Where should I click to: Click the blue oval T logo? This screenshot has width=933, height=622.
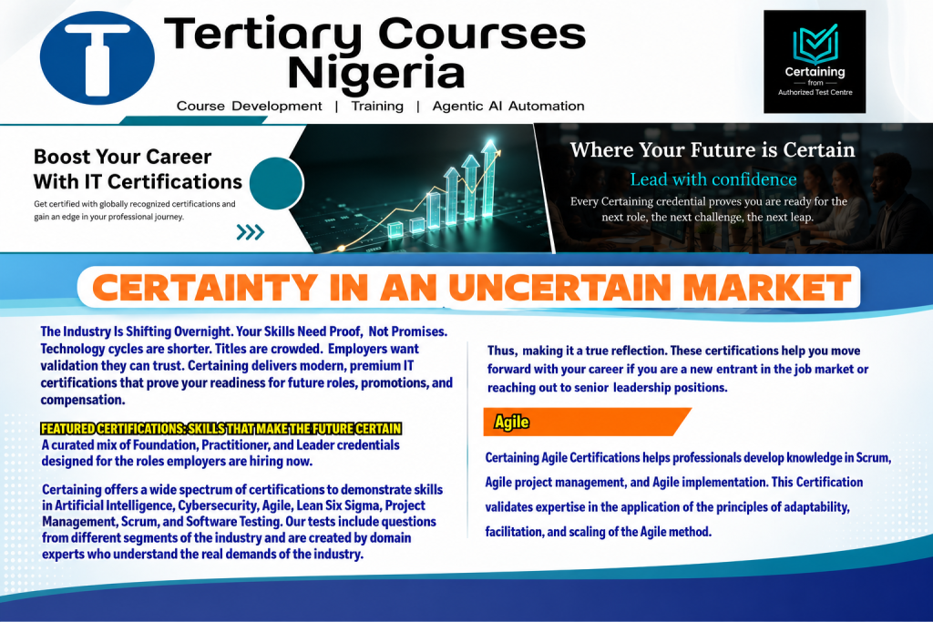tap(97, 57)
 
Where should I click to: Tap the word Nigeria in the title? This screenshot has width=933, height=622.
tap(375, 73)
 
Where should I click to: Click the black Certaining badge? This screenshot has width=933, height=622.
tap(815, 61)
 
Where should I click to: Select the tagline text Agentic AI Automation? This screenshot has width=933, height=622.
tap(508, 106)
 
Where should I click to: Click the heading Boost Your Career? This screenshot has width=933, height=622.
tap(123, 157)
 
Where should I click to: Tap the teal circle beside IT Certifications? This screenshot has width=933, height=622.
tap(277, 183)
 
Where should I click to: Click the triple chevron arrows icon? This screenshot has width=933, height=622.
tap(250, 232)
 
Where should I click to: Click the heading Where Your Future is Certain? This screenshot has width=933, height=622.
tap(713, 150)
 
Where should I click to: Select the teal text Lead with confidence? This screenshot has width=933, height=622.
tap(713, 179)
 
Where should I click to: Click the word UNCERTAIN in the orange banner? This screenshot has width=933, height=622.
tap(559, 287)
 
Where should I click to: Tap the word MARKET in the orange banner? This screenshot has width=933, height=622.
tap(766, 287)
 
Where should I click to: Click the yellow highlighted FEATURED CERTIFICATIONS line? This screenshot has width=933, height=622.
tap(220, 429)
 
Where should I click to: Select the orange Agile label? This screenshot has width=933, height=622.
tap(511, 423)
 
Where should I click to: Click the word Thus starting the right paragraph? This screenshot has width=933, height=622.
tap(502, 351)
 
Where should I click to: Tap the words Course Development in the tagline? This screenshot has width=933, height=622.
tap(250, 106)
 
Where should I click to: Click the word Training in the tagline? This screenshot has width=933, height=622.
tap(377, 106)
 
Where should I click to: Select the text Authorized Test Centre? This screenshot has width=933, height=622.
tap(815, 92)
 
